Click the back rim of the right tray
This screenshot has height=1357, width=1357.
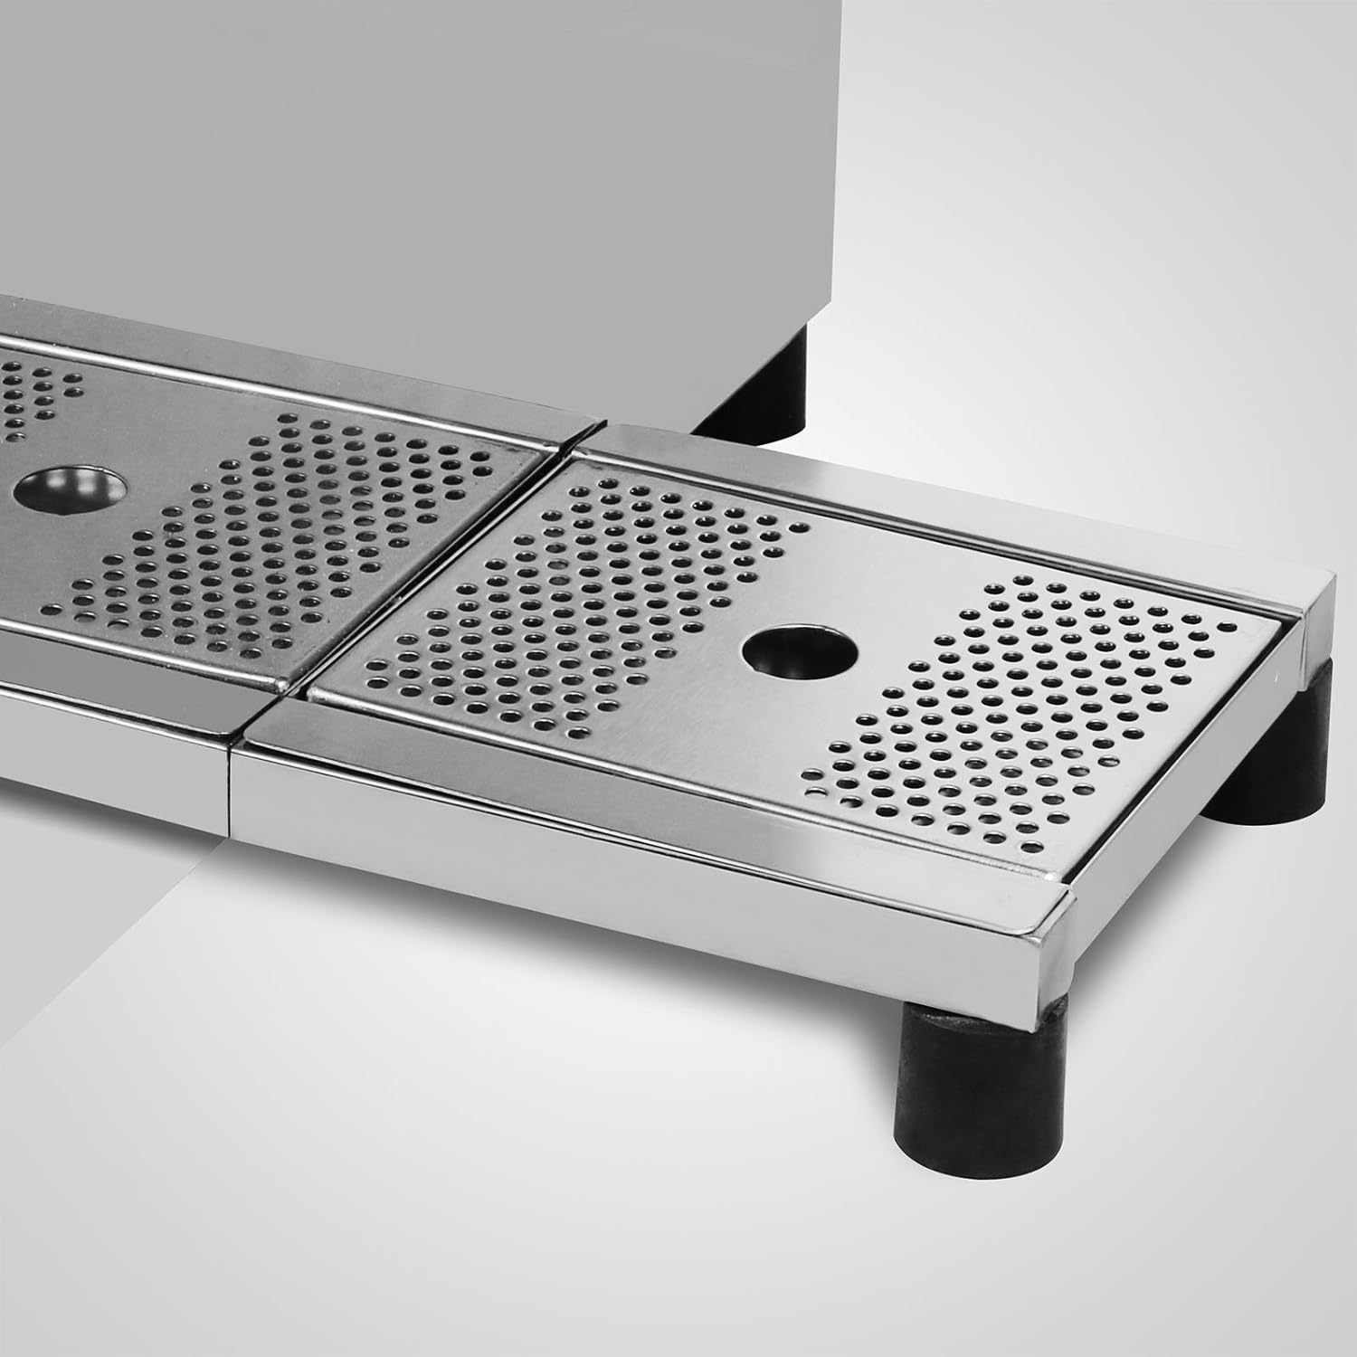pos(950,507)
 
